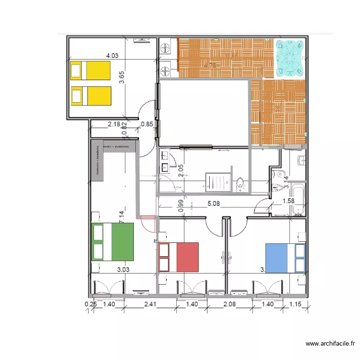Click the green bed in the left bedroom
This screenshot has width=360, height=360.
(112, 242)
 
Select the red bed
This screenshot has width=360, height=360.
(179, 257)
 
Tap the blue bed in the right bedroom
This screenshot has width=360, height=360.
(286, 258)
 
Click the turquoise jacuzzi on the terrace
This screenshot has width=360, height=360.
(289, 58)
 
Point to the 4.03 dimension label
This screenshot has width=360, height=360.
(112, 56)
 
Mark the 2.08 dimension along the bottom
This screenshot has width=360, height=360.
(230, 304)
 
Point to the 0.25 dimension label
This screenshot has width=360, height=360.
(90, 304)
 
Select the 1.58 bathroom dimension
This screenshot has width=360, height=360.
(288, 201)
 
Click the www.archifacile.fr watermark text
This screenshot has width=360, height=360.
(331, 344)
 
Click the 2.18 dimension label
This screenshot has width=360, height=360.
(114, 124)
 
